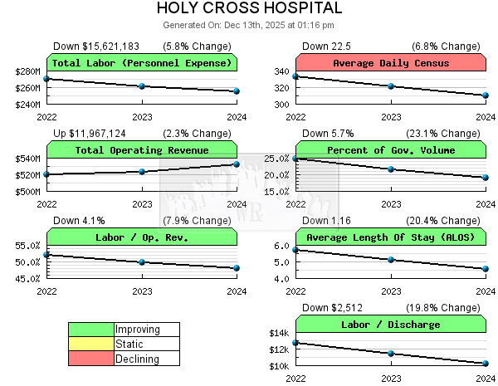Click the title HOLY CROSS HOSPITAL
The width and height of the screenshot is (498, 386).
[249, 8]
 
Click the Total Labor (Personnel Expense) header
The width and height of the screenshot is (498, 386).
[142, 63]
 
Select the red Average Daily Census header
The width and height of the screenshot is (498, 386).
[391, 63]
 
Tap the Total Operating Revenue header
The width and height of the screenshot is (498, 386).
[142, 150]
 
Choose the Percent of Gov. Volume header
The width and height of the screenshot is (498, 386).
[391, 150]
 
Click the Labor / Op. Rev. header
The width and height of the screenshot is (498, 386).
[142, 237]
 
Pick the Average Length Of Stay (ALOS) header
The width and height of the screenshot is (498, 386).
[391, 237]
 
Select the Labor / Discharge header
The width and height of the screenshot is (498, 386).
[391, 325]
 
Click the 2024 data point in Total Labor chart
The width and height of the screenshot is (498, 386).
[237, 91]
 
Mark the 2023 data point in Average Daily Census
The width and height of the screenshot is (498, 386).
[391, 86]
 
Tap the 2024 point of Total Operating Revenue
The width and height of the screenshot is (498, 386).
[237, 164]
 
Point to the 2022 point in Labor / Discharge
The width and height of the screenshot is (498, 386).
[296, 342]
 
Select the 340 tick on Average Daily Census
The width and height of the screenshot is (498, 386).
[282, 71]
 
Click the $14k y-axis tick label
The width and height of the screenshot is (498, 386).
[278, 333]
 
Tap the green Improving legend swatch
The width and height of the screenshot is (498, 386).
[91, 330]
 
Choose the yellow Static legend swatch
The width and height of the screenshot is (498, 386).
[91, 344]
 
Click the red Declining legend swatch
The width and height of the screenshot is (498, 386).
[91, 359]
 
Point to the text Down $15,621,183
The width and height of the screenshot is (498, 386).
[96, 46]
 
